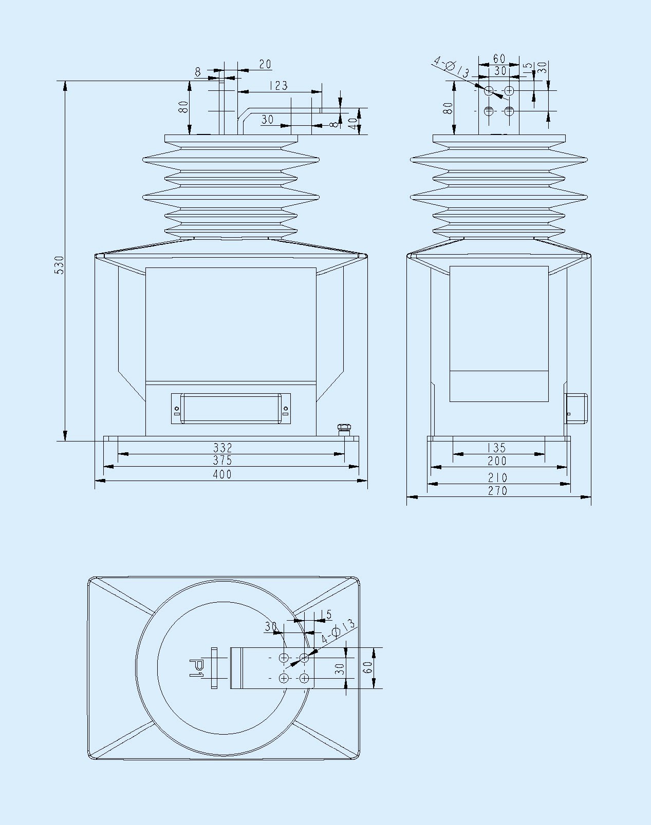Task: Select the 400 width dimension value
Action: pos(222,474)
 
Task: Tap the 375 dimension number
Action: pos(222,461)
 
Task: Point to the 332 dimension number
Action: pos(222,448)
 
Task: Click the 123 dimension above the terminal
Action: pos(278,86)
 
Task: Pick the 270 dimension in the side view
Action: pos(497,491)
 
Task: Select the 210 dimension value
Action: pos(497,477)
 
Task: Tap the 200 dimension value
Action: pos(497,461)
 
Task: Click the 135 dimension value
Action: pos(496,448)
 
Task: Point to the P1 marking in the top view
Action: pos(197,667)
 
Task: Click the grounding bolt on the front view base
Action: pos(343,429)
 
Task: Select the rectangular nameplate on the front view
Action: pos(231,409)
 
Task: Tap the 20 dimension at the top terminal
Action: pos(265,64)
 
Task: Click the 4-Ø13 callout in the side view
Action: pos(451,68)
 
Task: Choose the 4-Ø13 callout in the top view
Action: pos(338,631)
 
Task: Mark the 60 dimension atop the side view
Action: pos(499,59)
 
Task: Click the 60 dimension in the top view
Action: pos(367,667)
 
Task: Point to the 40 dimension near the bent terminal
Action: pos(352,123)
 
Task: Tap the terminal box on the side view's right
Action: pos(576,408)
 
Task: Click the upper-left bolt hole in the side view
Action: pos(489,91)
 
